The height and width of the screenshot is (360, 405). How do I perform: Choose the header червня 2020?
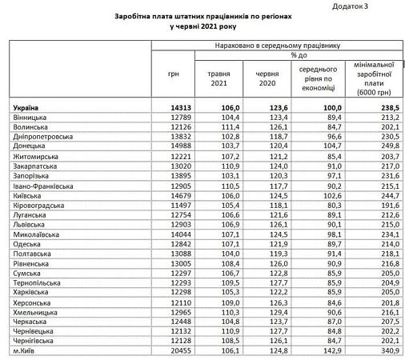tap(267, 78)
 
